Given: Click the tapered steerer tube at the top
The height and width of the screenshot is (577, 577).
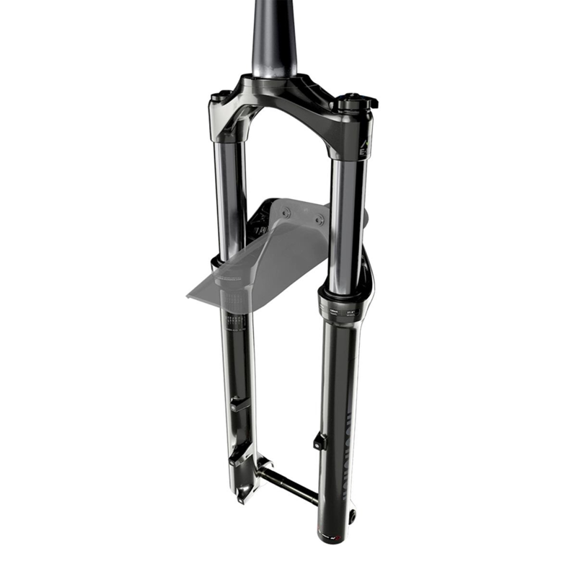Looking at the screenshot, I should [274, 36].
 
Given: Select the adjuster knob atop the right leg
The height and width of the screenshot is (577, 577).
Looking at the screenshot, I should [354, 101].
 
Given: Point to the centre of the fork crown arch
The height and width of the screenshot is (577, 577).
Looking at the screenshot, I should [288, 101].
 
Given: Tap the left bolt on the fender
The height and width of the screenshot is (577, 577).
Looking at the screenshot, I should [286, 212].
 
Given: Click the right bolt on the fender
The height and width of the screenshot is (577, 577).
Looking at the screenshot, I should [320, 219].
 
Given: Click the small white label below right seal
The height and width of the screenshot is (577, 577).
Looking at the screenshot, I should [339, 312].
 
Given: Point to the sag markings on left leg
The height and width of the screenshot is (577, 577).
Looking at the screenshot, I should [234, 317].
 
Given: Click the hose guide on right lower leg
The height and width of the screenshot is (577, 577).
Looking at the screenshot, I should [320, 441].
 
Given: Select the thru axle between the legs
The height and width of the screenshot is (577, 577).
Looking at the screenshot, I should [288, 485].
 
